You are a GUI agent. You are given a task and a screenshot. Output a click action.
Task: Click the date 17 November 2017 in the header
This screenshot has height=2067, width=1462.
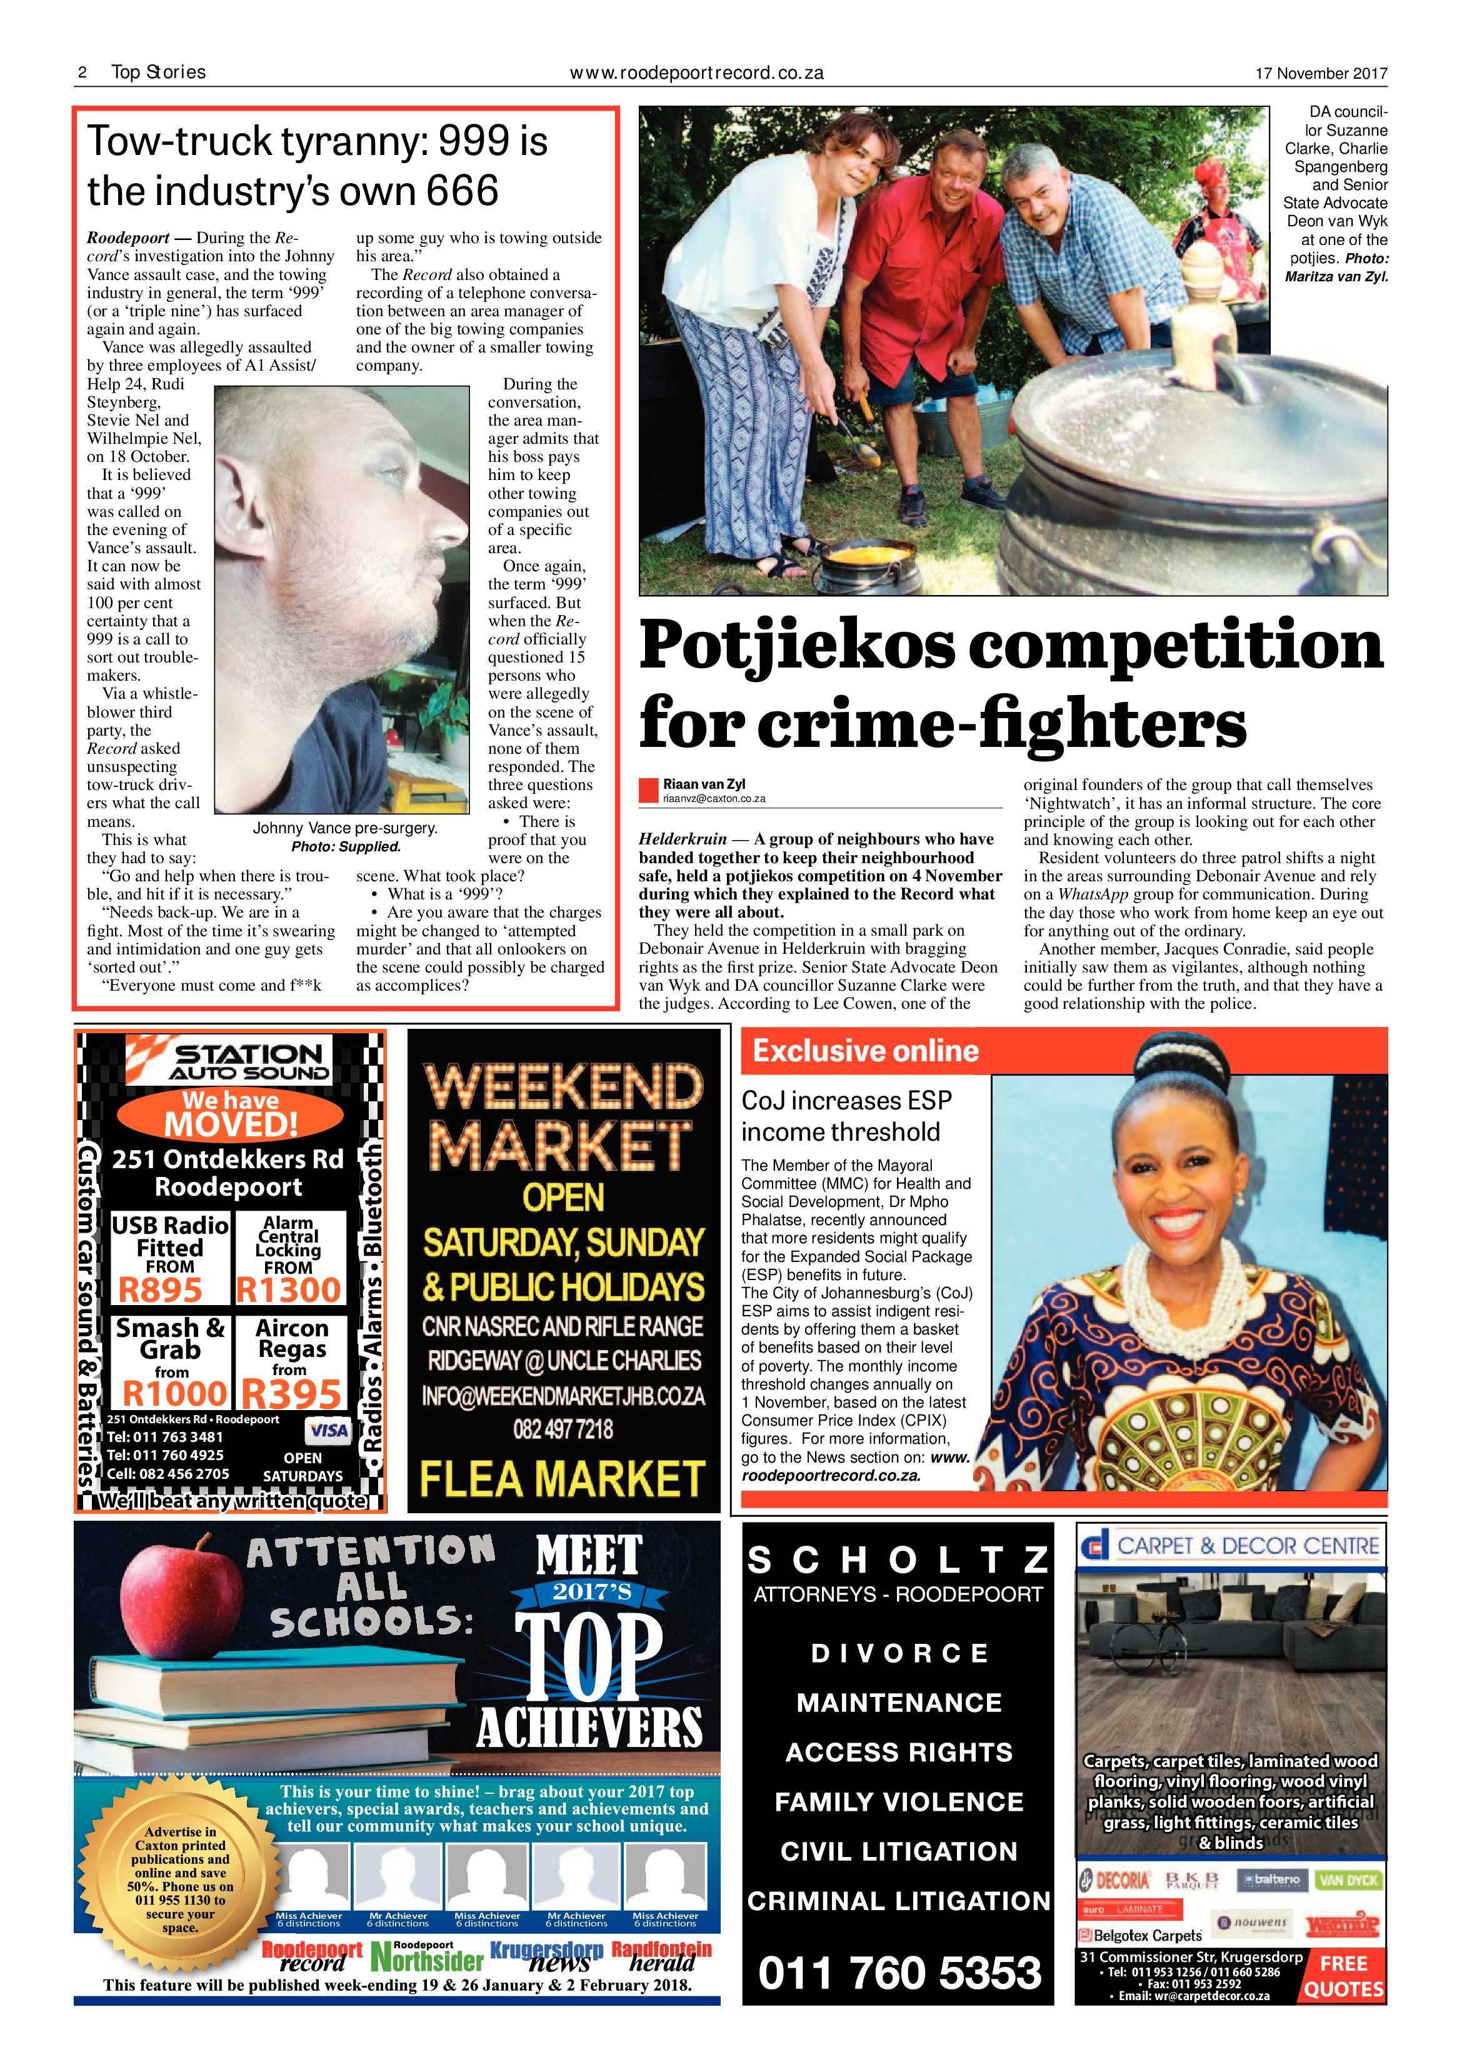[1321, 74]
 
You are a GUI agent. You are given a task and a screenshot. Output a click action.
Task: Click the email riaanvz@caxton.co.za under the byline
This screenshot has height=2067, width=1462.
[714, 799]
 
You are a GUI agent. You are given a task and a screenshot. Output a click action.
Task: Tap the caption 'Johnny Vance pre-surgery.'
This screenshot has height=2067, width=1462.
[345, 828]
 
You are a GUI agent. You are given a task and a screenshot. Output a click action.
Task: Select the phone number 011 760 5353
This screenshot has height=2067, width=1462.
[899, 1973]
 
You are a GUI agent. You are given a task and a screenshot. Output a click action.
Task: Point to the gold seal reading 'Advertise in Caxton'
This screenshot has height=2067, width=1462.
[179, 1879]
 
